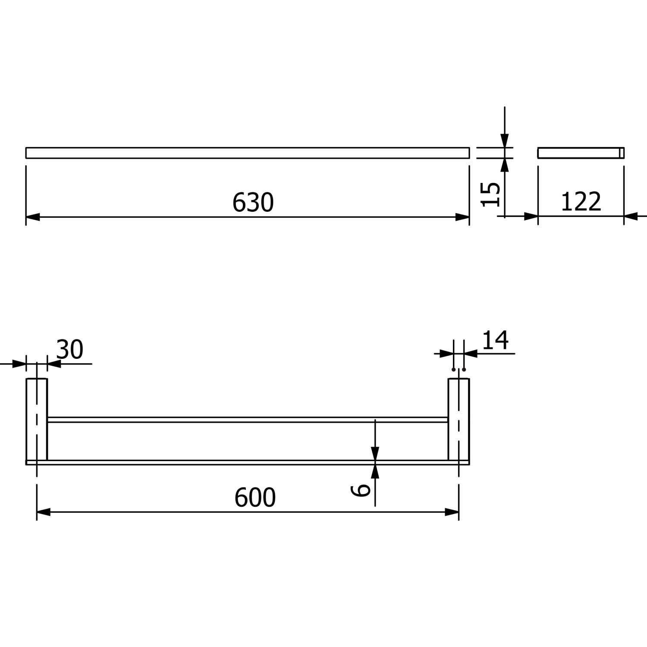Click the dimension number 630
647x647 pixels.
(253, 202)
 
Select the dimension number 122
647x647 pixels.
(581, 201)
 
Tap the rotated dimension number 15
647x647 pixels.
(491, 195)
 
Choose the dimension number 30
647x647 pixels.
(70, 349)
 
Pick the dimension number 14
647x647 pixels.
(495, 340)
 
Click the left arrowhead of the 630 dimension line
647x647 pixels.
(33, 217)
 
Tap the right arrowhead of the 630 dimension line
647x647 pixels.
(462, 217)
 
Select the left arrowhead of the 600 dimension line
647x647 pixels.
(44, 512)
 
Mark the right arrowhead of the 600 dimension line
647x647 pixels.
(452, 512)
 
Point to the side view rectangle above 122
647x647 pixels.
(581, 153)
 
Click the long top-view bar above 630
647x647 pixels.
(248, 153)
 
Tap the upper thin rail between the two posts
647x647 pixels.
(248, 420)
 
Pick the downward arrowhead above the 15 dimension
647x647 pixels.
(505, 141)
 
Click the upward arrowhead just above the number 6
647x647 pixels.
(375, 471)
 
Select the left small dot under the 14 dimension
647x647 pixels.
(453, 370)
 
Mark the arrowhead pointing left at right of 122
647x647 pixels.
(631, 216)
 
